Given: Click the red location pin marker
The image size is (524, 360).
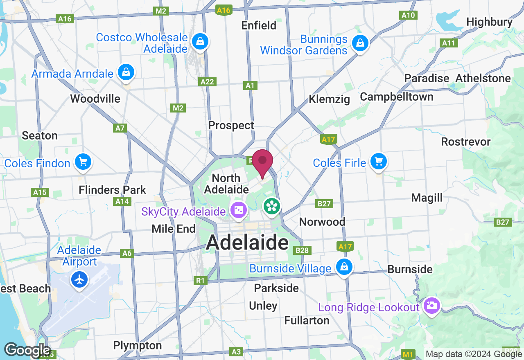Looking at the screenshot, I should [x=262, y=162].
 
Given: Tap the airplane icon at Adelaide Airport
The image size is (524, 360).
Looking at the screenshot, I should [x=79, y=280].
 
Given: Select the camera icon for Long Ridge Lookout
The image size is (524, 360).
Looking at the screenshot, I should [x=431, y=305].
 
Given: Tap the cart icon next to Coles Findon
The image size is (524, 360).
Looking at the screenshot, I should [x=84, y=162].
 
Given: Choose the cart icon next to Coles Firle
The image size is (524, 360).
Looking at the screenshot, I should [x=378, y=162].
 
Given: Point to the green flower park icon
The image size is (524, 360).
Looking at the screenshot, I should [x=272, y=206].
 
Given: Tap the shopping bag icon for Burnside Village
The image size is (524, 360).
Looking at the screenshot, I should [x=344, y=267].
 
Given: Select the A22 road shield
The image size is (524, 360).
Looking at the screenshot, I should [x=207, y=82].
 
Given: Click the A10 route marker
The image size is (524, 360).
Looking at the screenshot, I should [x=408, y=16].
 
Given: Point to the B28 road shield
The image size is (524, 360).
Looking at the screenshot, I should [x=303, y=250].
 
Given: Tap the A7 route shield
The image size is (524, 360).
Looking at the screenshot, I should [x=120, y=128].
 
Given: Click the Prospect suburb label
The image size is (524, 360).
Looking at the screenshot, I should [x=231, y=125].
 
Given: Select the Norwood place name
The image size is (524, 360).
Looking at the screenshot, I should [x=322, y=222].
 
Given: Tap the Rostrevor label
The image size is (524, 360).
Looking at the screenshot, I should [x=465, y=142].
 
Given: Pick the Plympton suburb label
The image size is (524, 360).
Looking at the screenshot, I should [x=138, y=346].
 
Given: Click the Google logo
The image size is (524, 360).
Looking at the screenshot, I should [x=27, y=351].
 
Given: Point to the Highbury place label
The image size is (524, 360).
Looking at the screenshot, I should [x=489, y=22].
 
